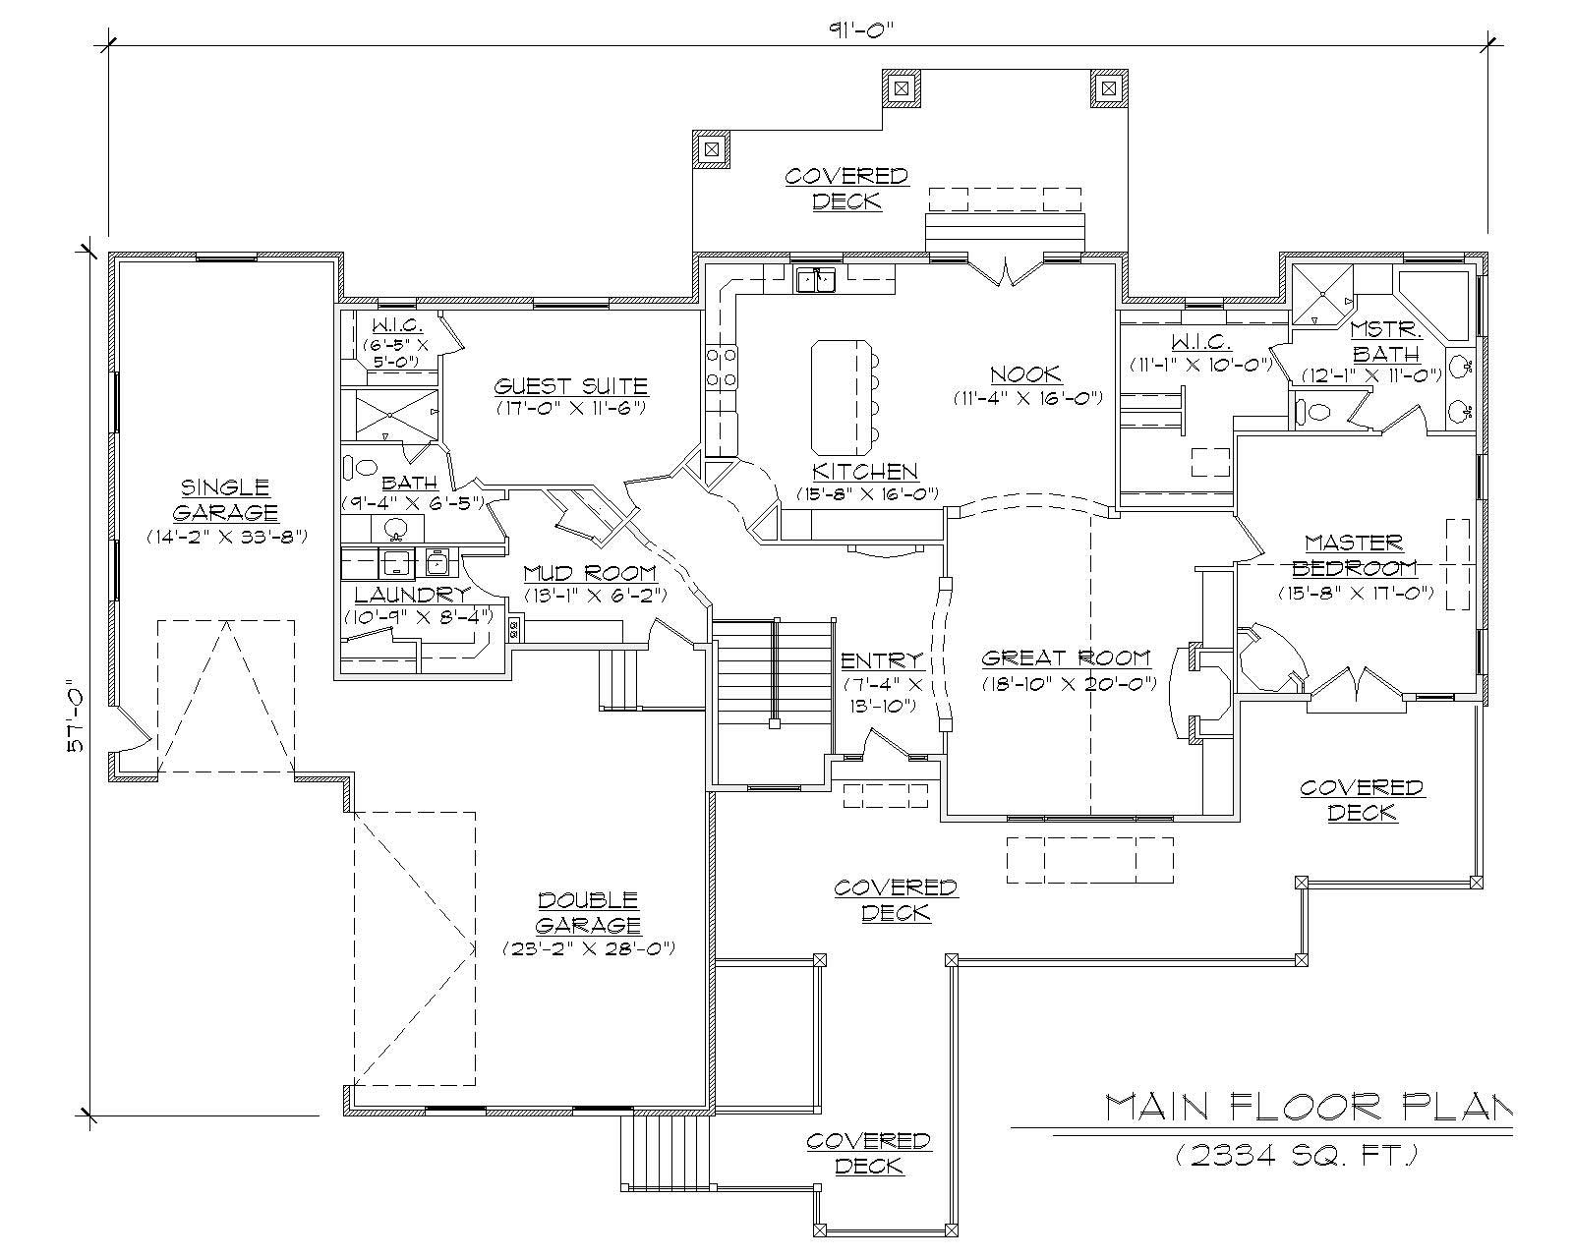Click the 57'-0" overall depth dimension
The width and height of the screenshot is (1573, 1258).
click(75, 715)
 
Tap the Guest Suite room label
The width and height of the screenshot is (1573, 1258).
click(570, 386)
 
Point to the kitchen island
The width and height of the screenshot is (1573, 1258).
click(840, 393)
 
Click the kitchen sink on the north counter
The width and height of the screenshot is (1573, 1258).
click(816, 281)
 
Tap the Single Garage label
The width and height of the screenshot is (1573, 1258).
click(225, 499)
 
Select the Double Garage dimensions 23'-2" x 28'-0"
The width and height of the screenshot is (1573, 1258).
click(589, 948)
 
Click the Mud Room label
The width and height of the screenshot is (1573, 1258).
click(590, 573)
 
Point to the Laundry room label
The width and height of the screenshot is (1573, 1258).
click(411, 594)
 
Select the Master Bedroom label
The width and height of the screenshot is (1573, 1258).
click(1355, 554)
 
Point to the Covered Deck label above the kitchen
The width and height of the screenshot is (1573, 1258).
click(845, 189)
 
